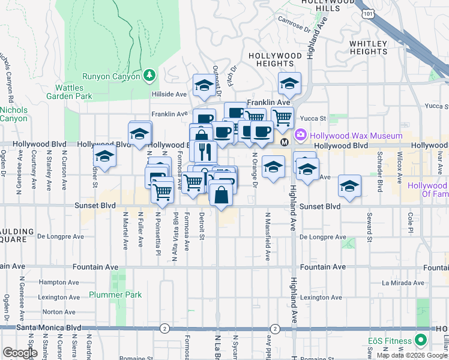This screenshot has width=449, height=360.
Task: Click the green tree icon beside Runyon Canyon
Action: click(150, 75)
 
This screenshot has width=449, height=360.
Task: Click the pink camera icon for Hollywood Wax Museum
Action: click(301, 136)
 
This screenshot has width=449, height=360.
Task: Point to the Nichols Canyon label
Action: click(13, 114)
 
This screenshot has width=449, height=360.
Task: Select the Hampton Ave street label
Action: click(55, 281)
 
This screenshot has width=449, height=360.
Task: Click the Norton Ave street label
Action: click(59, 312)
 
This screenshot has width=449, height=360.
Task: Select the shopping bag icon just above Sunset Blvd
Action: click(221, 194)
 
